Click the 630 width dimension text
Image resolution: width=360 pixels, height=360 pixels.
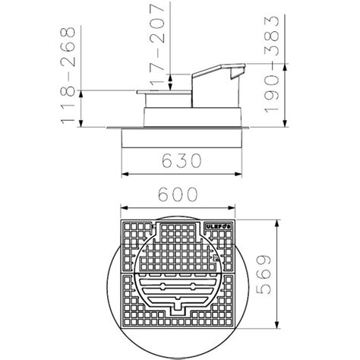[182, 160]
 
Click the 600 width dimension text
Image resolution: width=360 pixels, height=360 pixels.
[178, 194]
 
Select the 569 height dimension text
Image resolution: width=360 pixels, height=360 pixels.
[264, 275]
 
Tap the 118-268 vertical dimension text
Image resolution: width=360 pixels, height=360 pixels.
[68, 75]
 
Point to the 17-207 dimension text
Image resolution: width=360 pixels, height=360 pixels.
[157, 45]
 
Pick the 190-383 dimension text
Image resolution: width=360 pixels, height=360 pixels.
[272, 65]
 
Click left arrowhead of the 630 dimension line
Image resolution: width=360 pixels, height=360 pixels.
[125, 174]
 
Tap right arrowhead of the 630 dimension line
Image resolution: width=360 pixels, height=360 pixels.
[238, 174]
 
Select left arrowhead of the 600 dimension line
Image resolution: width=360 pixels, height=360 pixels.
[124, 208]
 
